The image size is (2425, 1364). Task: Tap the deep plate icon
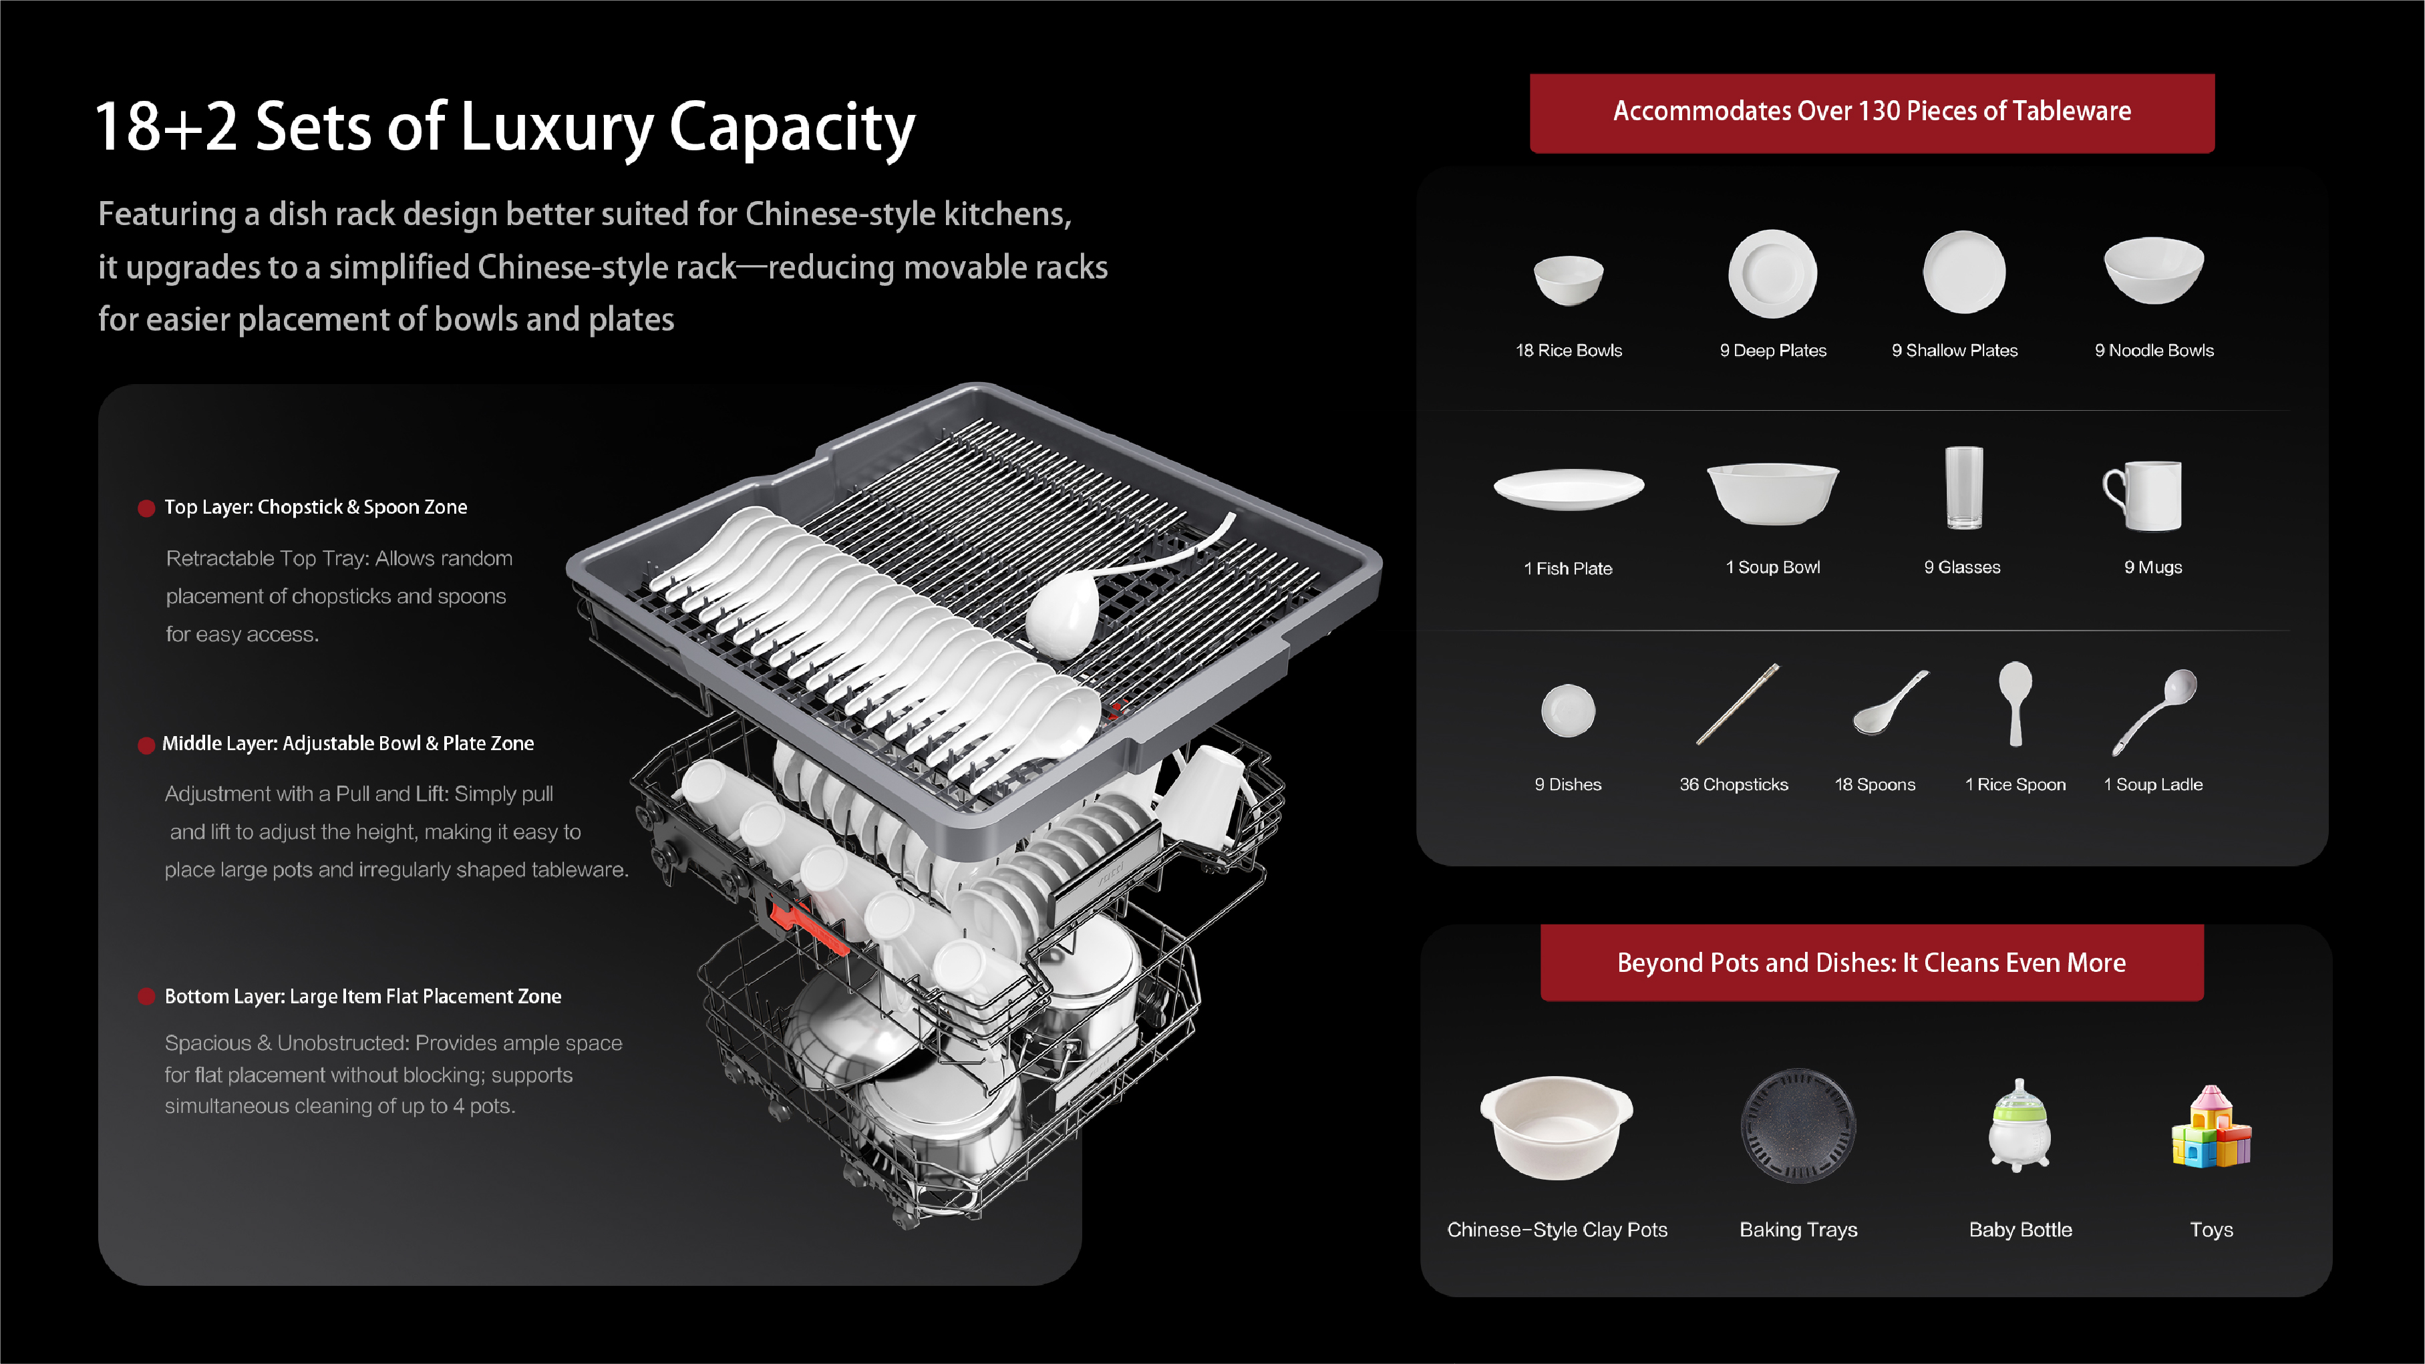[x=1772, y=273]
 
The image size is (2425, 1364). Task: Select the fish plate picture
[x=1569, y=488]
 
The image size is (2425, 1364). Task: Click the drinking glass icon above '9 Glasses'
[x=1964, y=488]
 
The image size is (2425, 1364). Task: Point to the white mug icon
[x=2142, y=495]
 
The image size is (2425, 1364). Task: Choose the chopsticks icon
[x=1738, y=704]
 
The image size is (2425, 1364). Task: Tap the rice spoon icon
[x=2015, y=702]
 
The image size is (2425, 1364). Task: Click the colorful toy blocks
[x=2211, y=1127]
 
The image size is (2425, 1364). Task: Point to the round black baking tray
[x=1798, y=1125]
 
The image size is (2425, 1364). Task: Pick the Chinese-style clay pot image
[x=1556, y=1127]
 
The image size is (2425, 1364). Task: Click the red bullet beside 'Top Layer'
[x=146, y=508]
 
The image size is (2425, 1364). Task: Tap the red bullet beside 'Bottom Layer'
[x=146, y=997]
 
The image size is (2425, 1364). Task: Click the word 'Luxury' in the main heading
[x=557, y=128]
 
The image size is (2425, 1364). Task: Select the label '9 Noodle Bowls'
[x=2154, y=350]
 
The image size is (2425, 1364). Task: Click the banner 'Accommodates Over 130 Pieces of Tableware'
[x=1871, y=113]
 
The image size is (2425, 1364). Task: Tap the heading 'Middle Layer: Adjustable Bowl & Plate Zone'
[x=347, y=743]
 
